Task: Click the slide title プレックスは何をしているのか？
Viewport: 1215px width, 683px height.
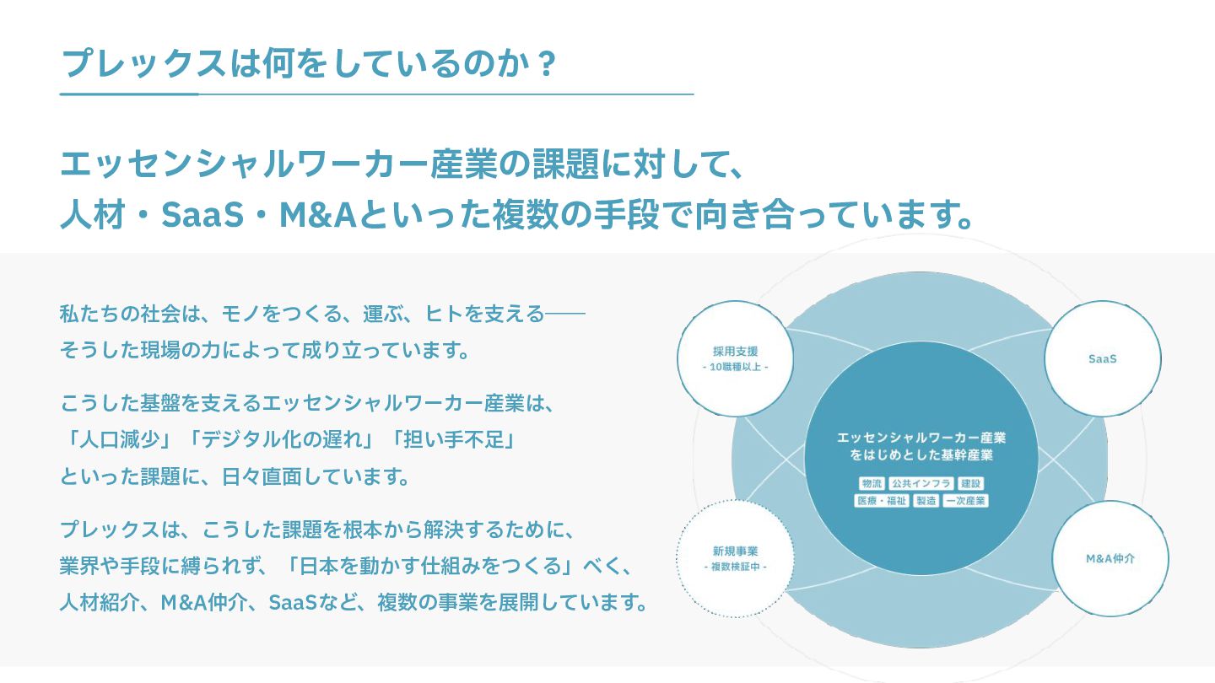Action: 309,63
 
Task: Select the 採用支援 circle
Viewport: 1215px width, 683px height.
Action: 735,358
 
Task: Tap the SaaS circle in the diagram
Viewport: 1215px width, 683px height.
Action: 1102,358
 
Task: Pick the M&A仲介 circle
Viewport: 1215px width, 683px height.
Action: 1110,558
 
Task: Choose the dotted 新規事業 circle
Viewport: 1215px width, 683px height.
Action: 735,558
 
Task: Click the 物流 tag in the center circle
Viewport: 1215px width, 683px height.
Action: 871,484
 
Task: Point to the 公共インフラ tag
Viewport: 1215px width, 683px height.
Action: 921,484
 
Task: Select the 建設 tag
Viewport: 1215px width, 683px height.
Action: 971,484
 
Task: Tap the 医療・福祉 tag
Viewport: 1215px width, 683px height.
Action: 882,500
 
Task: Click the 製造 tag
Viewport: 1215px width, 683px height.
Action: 926,500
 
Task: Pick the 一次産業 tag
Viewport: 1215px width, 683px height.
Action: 965,500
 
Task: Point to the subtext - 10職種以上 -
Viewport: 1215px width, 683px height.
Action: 735,368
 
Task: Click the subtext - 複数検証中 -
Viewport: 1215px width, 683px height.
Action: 735,567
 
